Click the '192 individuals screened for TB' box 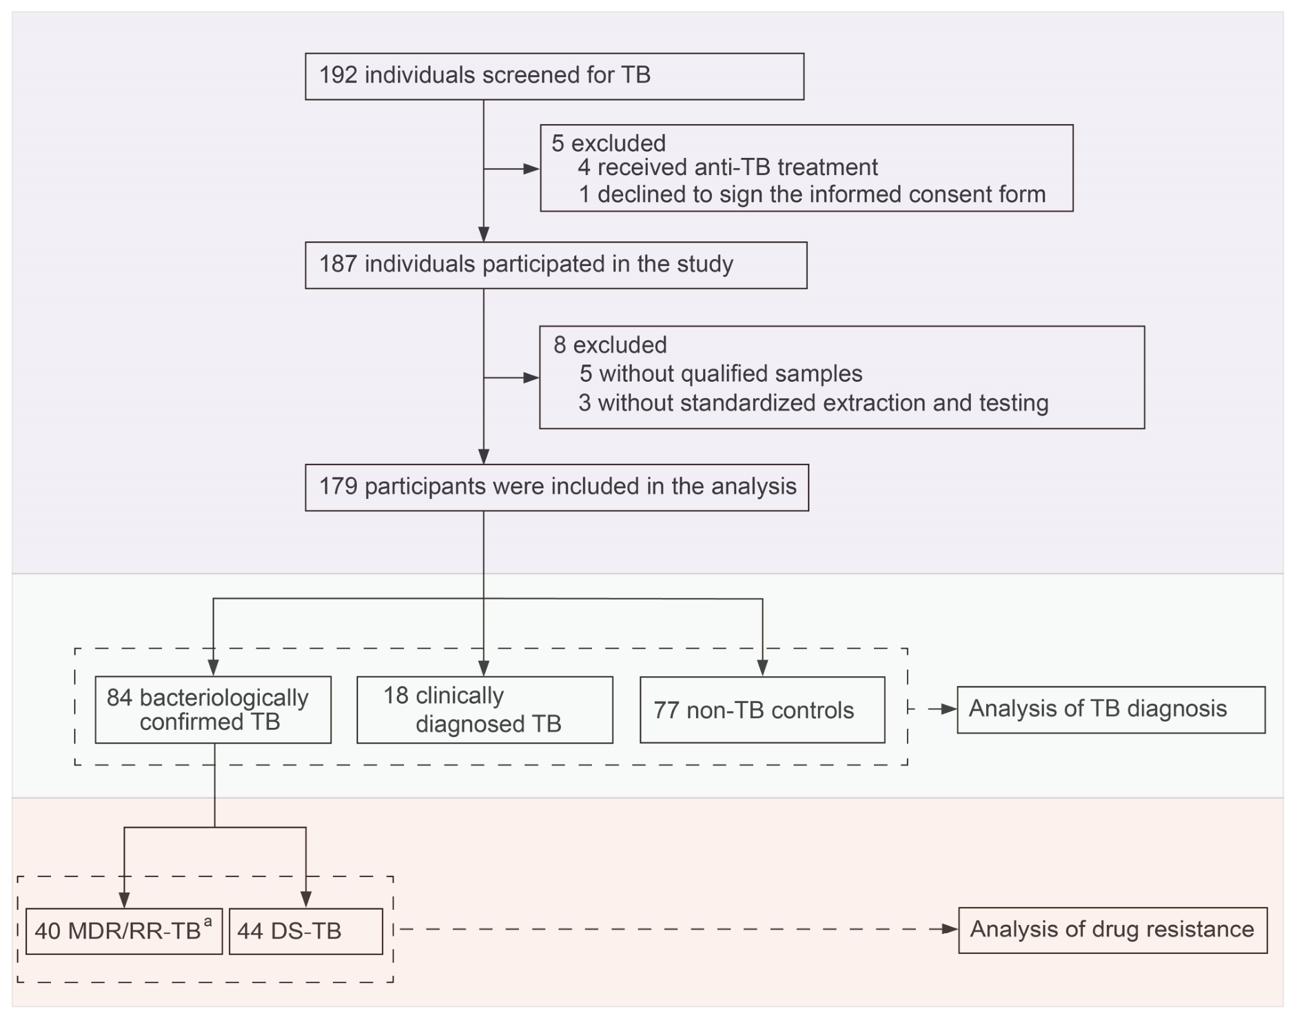point(554,77)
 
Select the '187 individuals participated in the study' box point(555,265)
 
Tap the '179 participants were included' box point(557,488)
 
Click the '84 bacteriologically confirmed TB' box point(213,710)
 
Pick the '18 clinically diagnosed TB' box point(485,710)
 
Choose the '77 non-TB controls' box point(762,710)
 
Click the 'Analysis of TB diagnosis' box point(1111,710)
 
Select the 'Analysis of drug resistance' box point(1112,930)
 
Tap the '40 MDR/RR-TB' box point(124,931)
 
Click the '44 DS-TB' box point(305,931)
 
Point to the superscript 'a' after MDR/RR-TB point(207,921)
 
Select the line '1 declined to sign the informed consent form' point(812,194)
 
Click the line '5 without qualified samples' point(721,374)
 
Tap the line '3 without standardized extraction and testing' point(813,403)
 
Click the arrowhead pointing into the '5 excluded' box point(532,169)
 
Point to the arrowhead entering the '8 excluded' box point(531,378)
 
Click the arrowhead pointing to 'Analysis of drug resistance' point(950,930)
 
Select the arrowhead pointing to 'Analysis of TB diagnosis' point(949,709)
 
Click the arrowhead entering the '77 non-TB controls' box point(762,668)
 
